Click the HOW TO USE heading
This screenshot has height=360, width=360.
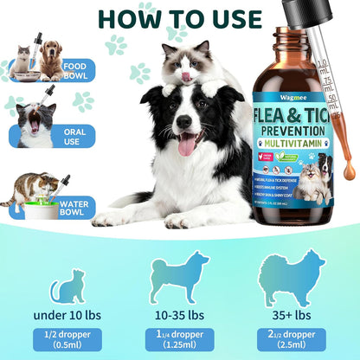coord(180,18)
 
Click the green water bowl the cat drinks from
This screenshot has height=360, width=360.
coord(29,209)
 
